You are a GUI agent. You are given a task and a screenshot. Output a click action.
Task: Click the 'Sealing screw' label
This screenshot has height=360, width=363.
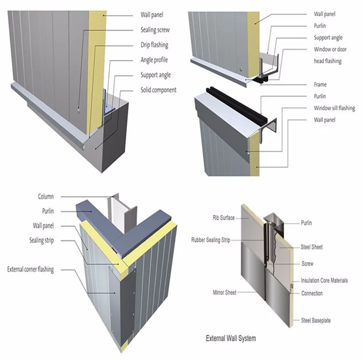click(155, 30)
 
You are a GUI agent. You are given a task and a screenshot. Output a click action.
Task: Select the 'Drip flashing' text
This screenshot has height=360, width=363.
click(154, 45)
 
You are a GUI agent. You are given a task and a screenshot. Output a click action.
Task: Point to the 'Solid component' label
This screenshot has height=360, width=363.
click(158, 90)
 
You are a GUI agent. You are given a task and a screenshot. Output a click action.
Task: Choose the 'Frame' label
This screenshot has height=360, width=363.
click(320, 85)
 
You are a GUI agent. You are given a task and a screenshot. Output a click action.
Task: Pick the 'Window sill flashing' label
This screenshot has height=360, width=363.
click(334, 108)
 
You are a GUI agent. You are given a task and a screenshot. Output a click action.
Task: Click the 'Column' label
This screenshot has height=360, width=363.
click(45, 197)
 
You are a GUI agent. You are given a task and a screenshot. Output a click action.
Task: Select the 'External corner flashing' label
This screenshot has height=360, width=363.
click(30, 270)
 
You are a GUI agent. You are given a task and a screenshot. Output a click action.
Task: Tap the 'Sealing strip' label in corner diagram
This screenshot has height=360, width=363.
click(43, 240)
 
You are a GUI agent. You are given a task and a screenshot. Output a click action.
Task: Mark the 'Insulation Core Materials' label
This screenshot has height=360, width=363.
click(324, 281)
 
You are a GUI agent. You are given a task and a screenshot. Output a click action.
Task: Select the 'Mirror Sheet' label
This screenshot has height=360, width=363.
click(224, 293)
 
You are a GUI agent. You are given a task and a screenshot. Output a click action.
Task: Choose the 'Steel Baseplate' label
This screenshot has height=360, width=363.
click(316, 321)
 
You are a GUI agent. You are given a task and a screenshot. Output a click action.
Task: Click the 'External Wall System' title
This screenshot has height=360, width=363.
click(231, 338)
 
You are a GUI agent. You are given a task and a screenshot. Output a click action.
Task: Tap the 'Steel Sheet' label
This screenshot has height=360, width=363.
click(312, 247)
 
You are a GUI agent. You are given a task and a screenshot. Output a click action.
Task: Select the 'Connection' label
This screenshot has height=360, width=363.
click(312, 293)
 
